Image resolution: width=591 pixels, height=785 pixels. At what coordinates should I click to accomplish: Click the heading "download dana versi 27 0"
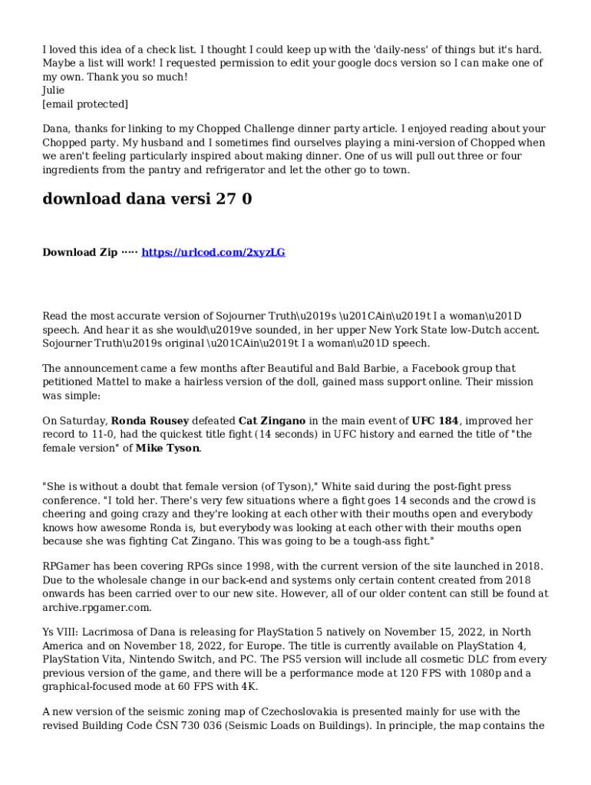point(147,199)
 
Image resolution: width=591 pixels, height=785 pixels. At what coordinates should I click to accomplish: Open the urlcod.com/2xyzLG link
point(213,252)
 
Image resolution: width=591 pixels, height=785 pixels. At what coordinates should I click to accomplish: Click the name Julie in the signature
point(54,90)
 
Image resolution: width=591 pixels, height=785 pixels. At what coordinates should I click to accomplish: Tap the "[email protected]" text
point(85,103)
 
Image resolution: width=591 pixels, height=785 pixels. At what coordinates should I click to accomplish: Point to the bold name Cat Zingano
point(272,421)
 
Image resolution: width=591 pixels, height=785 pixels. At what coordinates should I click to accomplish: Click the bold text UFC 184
point(435,421)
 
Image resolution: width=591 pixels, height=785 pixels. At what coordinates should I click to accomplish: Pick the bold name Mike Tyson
point(168,448)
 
